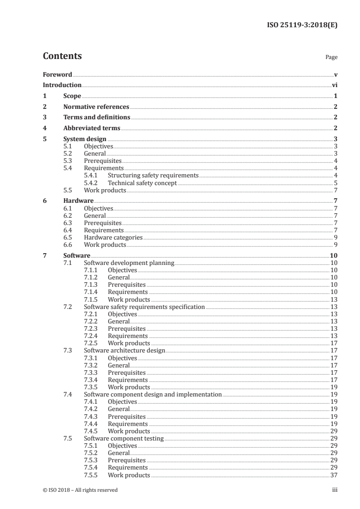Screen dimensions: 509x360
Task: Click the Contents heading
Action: [62, 56]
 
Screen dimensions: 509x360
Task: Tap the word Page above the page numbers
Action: [331, 58]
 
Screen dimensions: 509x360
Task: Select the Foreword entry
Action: [57, 74]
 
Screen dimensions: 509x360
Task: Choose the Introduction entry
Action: [62, 85]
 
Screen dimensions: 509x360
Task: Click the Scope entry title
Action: [72, 96]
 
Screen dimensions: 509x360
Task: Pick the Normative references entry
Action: [96, 107]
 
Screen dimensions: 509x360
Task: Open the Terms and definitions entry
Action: [97, 117]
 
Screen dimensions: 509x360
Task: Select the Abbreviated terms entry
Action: [92, 128]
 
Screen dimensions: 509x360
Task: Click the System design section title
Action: [85, 139]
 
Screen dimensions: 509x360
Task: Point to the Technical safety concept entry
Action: [142, 183]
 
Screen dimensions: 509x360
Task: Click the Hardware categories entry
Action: [113, 237]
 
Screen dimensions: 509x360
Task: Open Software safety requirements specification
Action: [144, 307]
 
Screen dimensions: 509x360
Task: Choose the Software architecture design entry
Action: [124, 351]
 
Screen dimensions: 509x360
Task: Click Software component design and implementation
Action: [153, 395]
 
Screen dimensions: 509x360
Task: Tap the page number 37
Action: [334, 475]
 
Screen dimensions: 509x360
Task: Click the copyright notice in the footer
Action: [80, 490]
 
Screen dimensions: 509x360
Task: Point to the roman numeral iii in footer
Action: [335, 490]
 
